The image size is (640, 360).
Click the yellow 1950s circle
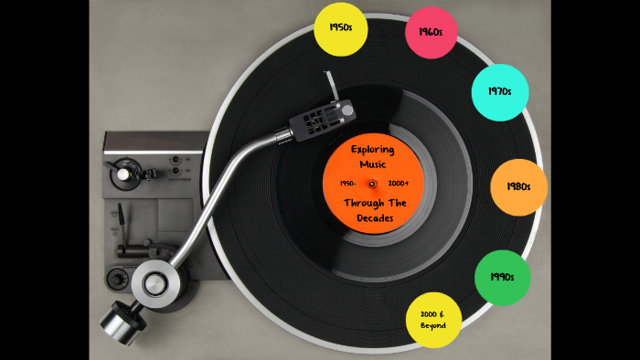click(x=340, y=28)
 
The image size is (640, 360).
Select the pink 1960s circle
click(x=431, y=32)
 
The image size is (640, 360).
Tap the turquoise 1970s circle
click(x=499, y=91)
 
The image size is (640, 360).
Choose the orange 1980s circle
click(x=518, y=187)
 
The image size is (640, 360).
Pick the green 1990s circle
click(x=502, y=277)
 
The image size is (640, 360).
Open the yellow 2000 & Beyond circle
click(x=433, y=320)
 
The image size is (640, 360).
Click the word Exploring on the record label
click(x=372, y=148)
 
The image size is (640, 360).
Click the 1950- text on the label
click(x=347, y=184)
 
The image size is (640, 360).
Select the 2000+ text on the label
click(x=399, y=184)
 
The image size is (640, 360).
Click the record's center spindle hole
click(x=373, y=184)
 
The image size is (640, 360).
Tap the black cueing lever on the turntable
click(x=120, y=223)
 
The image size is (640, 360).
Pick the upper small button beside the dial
click(x=175, y=160)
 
